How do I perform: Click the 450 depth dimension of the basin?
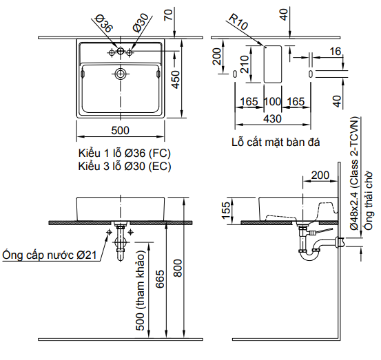[x=176, y=81]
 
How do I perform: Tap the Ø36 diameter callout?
[x=103, y=25]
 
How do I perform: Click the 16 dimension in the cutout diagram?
[x=336, y=52]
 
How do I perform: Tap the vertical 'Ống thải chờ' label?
[x=369, y=203]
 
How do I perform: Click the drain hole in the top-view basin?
[x=121, y=72]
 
